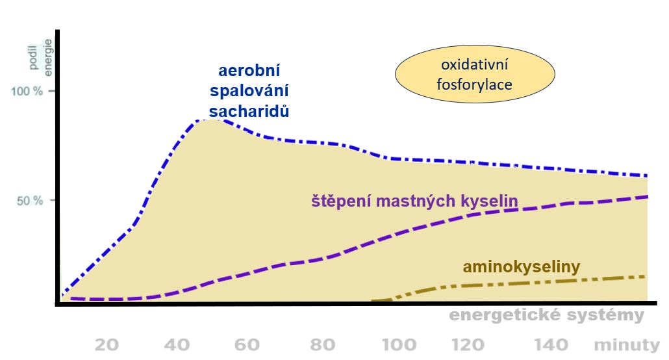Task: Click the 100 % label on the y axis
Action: point(27,91)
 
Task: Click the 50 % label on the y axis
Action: point(30,200)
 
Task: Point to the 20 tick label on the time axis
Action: point(107,345)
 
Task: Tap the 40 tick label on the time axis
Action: point(177,345)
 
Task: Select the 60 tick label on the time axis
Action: point(247,345)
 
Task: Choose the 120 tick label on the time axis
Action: point(470,345)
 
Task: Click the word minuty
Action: point(626,345)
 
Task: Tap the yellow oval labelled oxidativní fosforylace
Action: point(475,75)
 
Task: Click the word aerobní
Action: point(249,70)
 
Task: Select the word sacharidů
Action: point(249,111)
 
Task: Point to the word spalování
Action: point(249,91)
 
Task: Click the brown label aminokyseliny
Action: point(521,266)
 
